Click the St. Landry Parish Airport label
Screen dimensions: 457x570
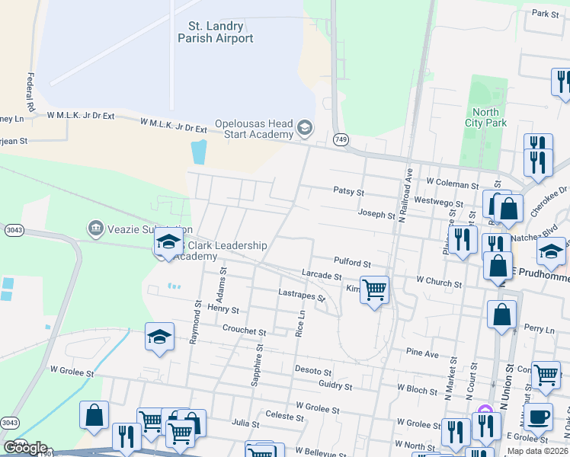[215, 31]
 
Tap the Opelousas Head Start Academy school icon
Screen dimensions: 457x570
[305, 126]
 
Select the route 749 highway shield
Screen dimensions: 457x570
[340, 139]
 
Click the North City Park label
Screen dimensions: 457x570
[485, 117]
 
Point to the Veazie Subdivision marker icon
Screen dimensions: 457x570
[95, 228]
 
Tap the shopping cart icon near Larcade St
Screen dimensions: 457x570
[374, 289]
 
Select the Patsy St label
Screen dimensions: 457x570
[350, 191]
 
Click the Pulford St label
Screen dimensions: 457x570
[351, 263]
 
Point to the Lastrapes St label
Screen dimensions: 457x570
[302, 294]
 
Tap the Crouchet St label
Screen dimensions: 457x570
[244, 331]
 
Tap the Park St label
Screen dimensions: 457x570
[546, 14]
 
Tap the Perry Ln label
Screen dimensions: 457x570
[540, 330]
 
